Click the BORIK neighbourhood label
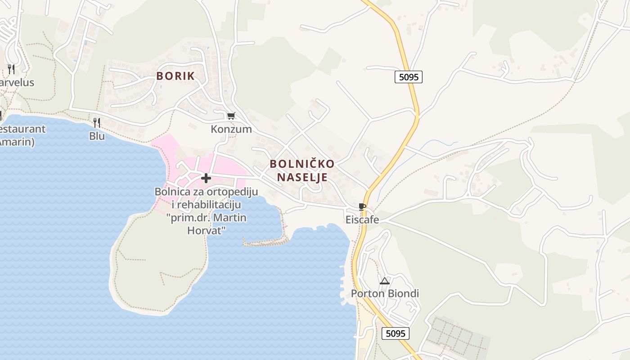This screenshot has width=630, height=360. (x=175, y=76)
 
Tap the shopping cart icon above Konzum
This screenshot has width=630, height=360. (x=231, y=116)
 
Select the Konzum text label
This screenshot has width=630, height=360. (x=231, y=129)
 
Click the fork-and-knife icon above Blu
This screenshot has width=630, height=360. (x=97, y=122)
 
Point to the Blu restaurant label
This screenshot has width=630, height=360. (x=97, y=136)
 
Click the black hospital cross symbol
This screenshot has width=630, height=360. (x=206, y=178)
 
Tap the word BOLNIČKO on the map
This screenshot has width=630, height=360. (x=302, y=164)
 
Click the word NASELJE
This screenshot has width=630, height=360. (x=302, y=177)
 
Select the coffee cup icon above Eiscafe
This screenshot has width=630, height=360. (x=362, y=207)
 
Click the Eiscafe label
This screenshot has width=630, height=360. (x=362, y=220)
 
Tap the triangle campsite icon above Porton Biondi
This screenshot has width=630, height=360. (x=385, y=281)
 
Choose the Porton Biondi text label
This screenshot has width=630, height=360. (x=385, y=294)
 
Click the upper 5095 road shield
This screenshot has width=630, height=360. (x=409, y=77)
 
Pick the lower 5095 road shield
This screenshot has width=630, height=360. (x=396, y=333)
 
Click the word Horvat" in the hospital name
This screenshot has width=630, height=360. (x=206, y=230)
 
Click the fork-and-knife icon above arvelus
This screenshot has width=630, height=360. (x=11, y=69)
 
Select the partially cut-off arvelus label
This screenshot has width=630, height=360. (x=17, y=83)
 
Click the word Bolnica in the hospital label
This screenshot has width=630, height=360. (x=171, y=192)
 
